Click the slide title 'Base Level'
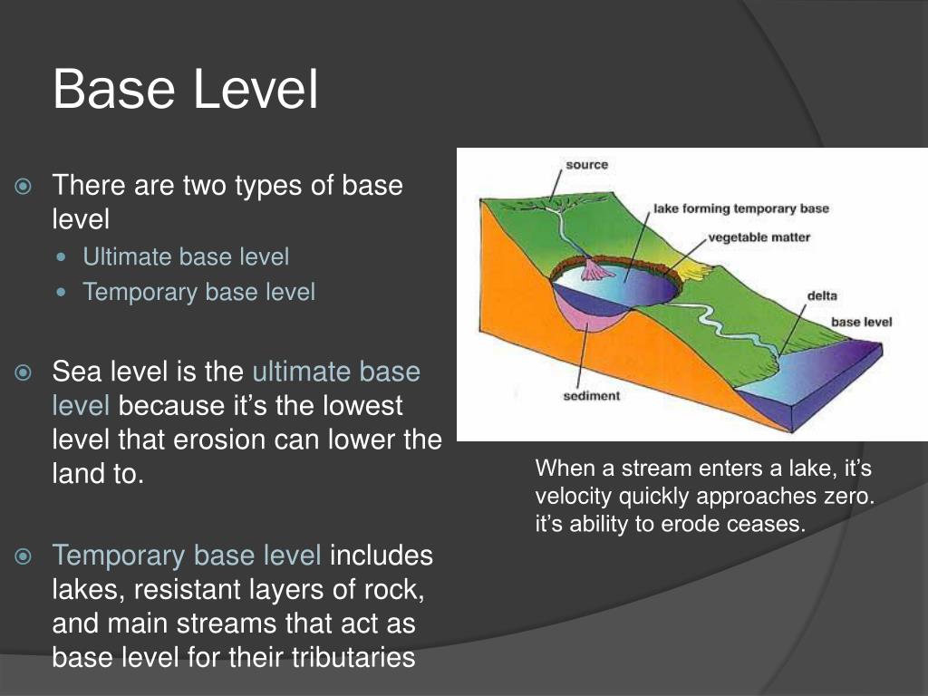coord(186,89)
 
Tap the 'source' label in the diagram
coord(586,165)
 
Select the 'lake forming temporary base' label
coord(741,208)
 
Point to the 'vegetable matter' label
coord(759,237)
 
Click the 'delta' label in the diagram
coord(822,295)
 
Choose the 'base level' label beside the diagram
coord(861,322)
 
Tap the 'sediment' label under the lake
coord(591,395)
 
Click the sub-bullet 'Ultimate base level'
coord(186,256)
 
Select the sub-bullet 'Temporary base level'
coord(198,292)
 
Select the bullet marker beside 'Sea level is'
coord(23,372)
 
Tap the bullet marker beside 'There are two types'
coord(23,187)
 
